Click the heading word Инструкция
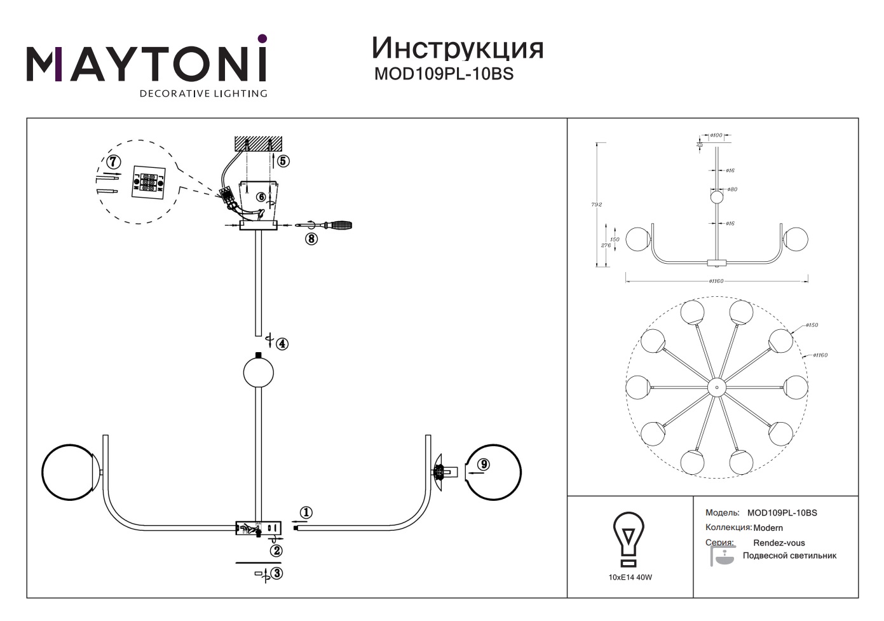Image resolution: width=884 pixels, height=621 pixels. pyautogui.click(x=457, y=48)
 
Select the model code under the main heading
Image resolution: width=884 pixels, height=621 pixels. pyautogui.click(x=444, y=74)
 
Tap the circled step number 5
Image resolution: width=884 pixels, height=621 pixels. pyautogui.click(x=283, y=161)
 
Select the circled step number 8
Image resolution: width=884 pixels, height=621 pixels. pyautogui.click(x=311, y=239)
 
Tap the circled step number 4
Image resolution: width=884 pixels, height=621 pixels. pyautogui.click(x=282, y=344)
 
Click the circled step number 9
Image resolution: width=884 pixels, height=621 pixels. pyautogui.click(x=484, y=465)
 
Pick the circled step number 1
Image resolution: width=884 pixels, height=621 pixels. pyautogui.click(x=306, y=512)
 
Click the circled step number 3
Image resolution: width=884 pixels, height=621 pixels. pyautogui.click(x=276, y=573)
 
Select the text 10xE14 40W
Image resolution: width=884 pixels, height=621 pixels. pyautogui.click(x=630, y=578)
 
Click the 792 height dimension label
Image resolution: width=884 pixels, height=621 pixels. pyautogui.click(x=596, y=205)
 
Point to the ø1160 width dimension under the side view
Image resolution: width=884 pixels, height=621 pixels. pyautogui.click(x=716, y=281)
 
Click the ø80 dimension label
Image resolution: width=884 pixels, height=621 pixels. pyautogui.click(x=732, y=189)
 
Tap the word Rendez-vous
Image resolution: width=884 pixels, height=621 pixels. pyautogui.click(x=779, y=543)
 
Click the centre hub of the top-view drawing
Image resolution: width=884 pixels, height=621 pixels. pyautogui.click(x=716, y=387)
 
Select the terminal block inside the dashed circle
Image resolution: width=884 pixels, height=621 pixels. pyautogui.click(x=147, y=183)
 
